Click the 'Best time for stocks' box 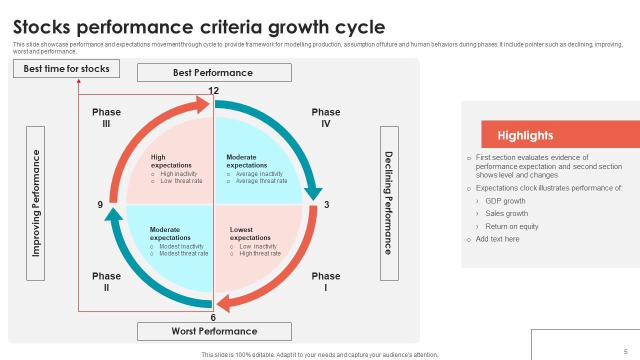66,69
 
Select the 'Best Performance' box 214,73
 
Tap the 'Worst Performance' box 214,331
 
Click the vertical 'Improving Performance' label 35,203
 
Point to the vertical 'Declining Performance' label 389,203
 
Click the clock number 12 213,90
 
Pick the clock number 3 326,204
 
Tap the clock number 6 213,317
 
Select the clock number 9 100,204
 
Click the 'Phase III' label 106,118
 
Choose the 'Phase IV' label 326,118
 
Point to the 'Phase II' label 106,282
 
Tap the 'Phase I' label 326,282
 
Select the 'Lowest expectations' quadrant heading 250,233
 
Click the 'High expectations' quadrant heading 171,161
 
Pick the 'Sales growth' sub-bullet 506,213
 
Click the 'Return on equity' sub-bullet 511,226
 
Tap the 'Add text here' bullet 497,239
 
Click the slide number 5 625,352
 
